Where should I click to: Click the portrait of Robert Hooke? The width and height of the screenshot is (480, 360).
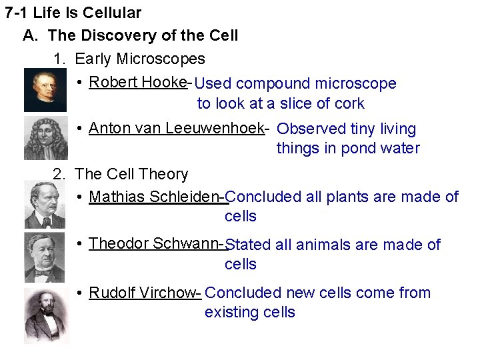click(45, 90)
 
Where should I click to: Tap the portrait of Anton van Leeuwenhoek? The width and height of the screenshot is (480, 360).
click(45, 138)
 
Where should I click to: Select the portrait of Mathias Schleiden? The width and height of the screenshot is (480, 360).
click(45, 205)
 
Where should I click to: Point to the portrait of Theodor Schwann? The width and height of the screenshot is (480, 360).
click(45, 257)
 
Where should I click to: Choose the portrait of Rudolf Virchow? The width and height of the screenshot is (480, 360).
click(46, 315)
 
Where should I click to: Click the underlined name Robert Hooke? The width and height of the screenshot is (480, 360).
click(137, 82)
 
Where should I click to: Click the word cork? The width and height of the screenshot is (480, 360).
click(350, 103)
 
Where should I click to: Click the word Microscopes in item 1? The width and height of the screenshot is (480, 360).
click(161, 59)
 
